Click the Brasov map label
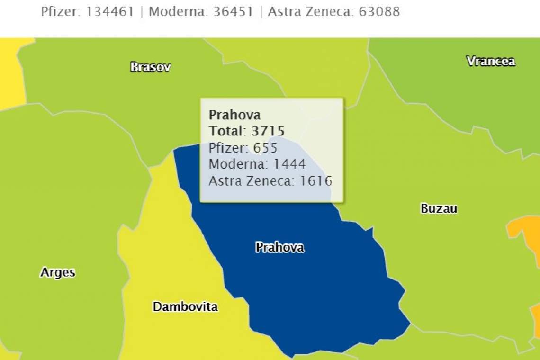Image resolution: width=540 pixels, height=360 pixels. coord(150,67)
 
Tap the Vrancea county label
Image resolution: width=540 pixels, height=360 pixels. coord(490,61)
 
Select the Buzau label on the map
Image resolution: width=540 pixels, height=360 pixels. coord(439,208)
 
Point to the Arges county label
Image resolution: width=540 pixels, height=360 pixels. coord(57,272)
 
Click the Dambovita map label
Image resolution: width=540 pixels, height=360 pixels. coord(185,306)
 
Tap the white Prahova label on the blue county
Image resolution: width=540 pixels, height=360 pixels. coord(279,247)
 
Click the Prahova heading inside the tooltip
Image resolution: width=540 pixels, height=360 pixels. coord(234,115)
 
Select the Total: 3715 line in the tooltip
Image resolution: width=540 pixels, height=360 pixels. coord(247,131)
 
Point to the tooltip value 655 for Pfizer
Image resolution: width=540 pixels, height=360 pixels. coord(265,148)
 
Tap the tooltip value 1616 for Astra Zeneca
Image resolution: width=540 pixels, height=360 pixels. coord(316,180)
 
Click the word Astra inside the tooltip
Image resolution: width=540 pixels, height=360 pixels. coord(224,180)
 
